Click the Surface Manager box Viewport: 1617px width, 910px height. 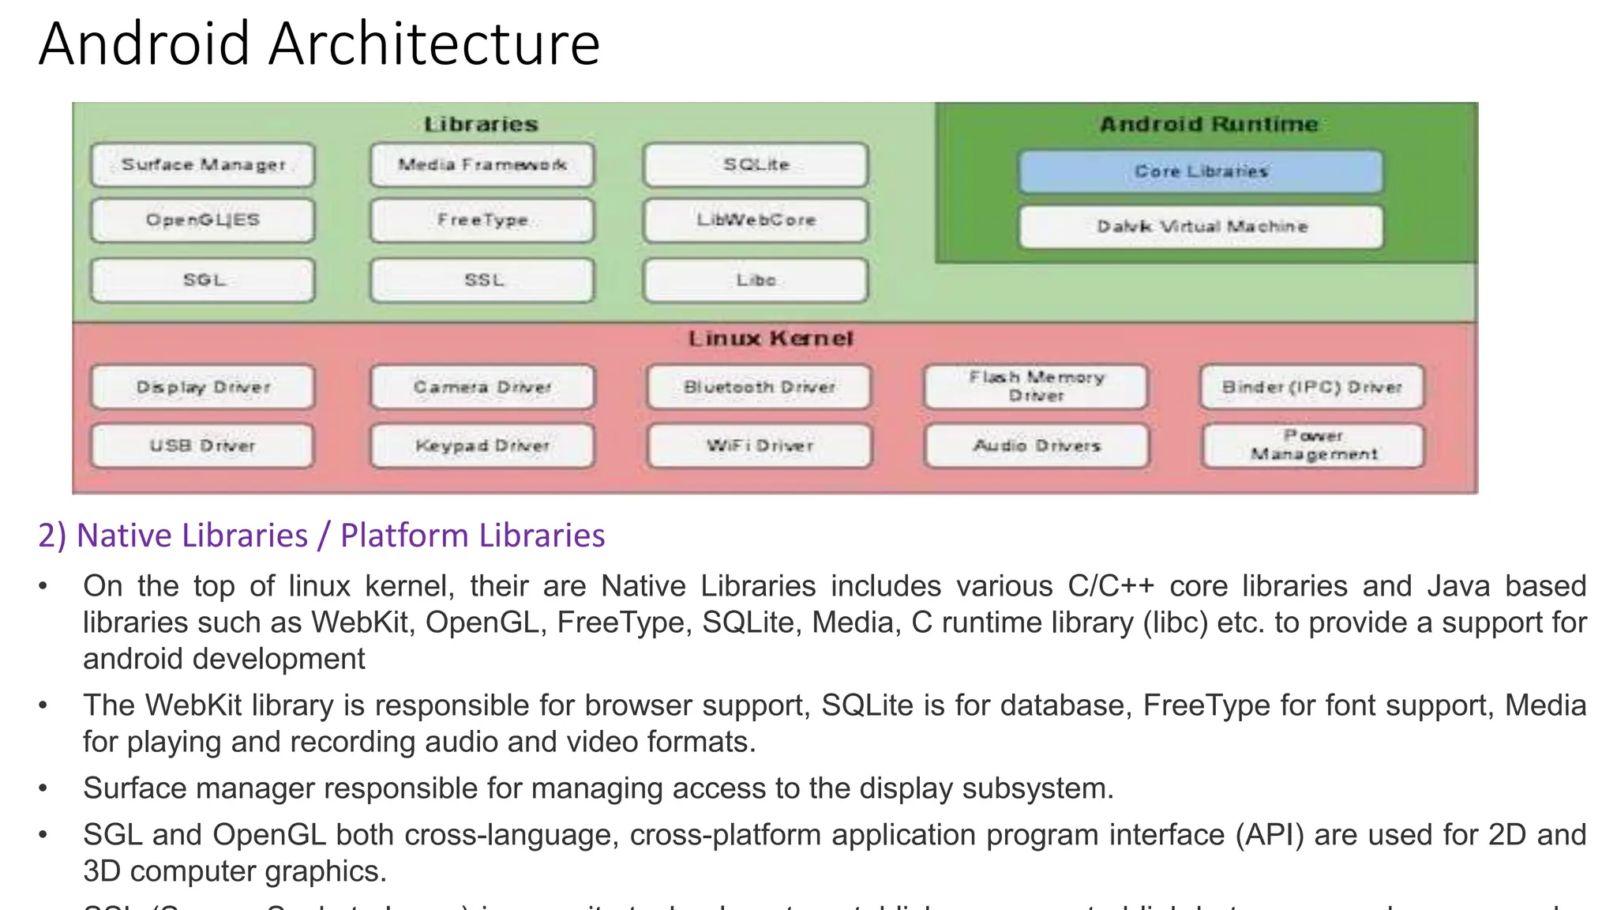[x=202, y=165]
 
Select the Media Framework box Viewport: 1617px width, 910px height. [x=482, y=165]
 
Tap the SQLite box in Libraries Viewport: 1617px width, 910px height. [x=756, y=165]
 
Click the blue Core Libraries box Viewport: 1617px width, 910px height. [x=1200, y=171]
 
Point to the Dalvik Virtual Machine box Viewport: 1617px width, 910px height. [x=1201, y=227]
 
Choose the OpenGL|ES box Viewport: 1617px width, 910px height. [x=202, y=220]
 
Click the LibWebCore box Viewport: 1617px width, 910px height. [x=756, y=220]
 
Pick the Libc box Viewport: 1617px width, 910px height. [x=756, y=280]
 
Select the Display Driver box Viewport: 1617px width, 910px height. [x=202, y=387]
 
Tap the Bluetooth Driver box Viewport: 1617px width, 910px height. [x=759, y=387]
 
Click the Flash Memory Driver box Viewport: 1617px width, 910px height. [x=1036, y=386]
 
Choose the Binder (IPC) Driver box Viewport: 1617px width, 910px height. [x=1311, y=387]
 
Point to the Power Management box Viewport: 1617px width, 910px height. [x=1313, y=446]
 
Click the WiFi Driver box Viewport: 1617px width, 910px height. [x=759, y=446]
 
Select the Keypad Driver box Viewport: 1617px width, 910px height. [x=482, y=446]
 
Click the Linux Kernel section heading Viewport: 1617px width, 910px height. [x=771, y=339]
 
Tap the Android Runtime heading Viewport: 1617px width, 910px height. [x=1208, y=125]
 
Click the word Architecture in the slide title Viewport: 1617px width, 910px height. [x=434, y=44]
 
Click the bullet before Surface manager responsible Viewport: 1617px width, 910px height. [x=43, y=788]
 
